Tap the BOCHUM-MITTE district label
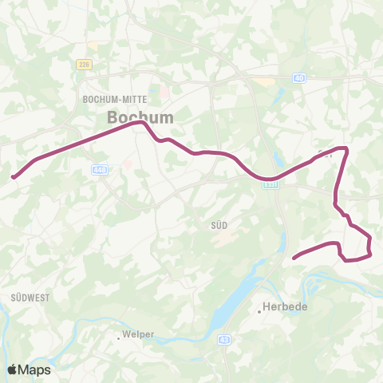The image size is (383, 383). [x=111, y=100]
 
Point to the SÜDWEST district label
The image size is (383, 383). [x=30, y=297]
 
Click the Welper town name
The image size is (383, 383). [x=136, y=335]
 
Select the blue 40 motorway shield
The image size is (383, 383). [x=298, y=77]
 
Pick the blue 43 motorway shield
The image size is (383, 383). [x=222, y=340]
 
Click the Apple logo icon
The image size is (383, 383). [x=13, y=369]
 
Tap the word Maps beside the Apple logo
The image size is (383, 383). [x=35, y=369]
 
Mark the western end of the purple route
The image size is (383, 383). [x=13, y=177]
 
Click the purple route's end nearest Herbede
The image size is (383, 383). [x=294, y=257]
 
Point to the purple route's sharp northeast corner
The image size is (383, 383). [x=346, y=148]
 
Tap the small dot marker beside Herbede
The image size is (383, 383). [x=259, y=311]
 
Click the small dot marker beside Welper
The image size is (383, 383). [x=118, y=338]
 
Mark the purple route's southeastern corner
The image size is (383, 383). [x=371, y=255]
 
